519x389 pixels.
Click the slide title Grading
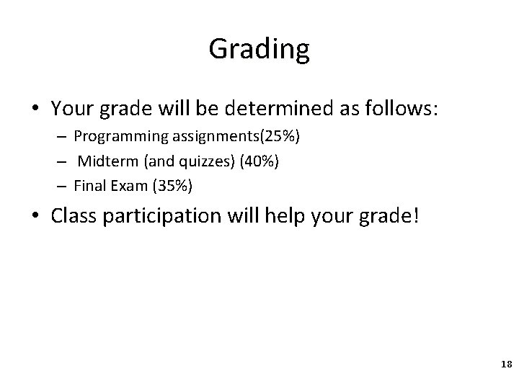259,49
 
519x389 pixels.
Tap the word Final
89,185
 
